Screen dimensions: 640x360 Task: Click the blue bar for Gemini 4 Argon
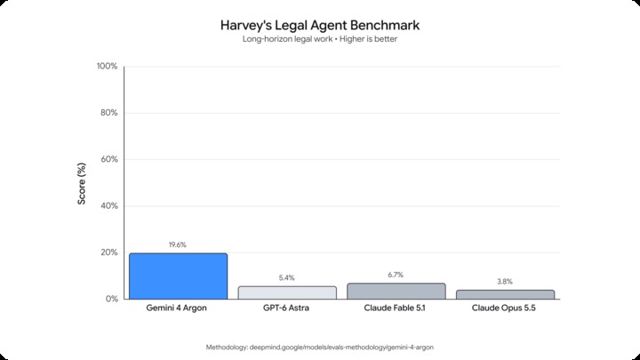(x=178, y=276)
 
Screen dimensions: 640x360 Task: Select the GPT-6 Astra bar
(x=287, y=292)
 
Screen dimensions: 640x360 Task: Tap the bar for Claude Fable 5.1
(x=396, y=291)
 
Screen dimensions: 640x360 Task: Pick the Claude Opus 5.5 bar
(x=505, y=295)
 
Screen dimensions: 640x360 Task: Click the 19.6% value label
(x=178, y=245)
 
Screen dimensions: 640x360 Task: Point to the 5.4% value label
(x=286, y=278)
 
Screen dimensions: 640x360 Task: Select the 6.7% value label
(x=396, y=275)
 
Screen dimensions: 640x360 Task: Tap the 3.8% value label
(x=505, y=282)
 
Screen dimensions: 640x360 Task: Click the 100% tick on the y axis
(x=107, y=66)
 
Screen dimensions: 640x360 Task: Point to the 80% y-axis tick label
(x=109, y=113)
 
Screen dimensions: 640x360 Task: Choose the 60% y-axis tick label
(x=109, y=159)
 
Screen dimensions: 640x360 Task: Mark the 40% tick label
(x=109, y=205)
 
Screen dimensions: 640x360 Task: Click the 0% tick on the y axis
(x=111, y=299)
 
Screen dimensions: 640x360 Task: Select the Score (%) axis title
(x=82, y=184)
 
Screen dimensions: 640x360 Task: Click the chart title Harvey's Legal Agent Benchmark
(x=320, y=25)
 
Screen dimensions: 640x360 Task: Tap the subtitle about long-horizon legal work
(x=320, y=39)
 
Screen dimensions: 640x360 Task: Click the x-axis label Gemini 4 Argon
(x=176, y=308)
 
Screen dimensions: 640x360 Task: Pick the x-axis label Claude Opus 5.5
(x=504, y=308)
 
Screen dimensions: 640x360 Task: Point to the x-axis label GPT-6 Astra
(x=286, y=308)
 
